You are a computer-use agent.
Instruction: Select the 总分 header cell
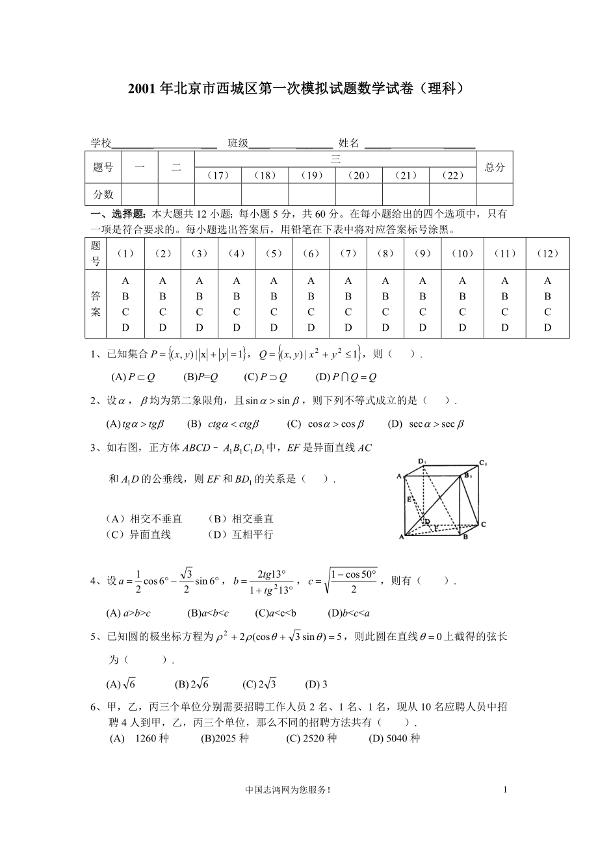(x=494, y=167)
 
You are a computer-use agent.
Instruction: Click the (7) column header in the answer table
(x=348, y=253)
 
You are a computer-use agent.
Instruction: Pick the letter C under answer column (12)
(x=547, y=312)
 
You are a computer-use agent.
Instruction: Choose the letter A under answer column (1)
(x=125, y=281)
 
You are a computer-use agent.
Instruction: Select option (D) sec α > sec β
(x=426, y=424)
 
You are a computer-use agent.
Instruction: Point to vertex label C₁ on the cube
(x=483, y=463)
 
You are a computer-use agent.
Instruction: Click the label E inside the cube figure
(x=409, y=500)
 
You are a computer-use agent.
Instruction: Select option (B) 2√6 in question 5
(x=191, y=684)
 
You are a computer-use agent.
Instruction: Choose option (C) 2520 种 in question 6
(x=311, y=738)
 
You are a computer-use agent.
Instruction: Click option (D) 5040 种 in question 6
(x=395, y=738)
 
